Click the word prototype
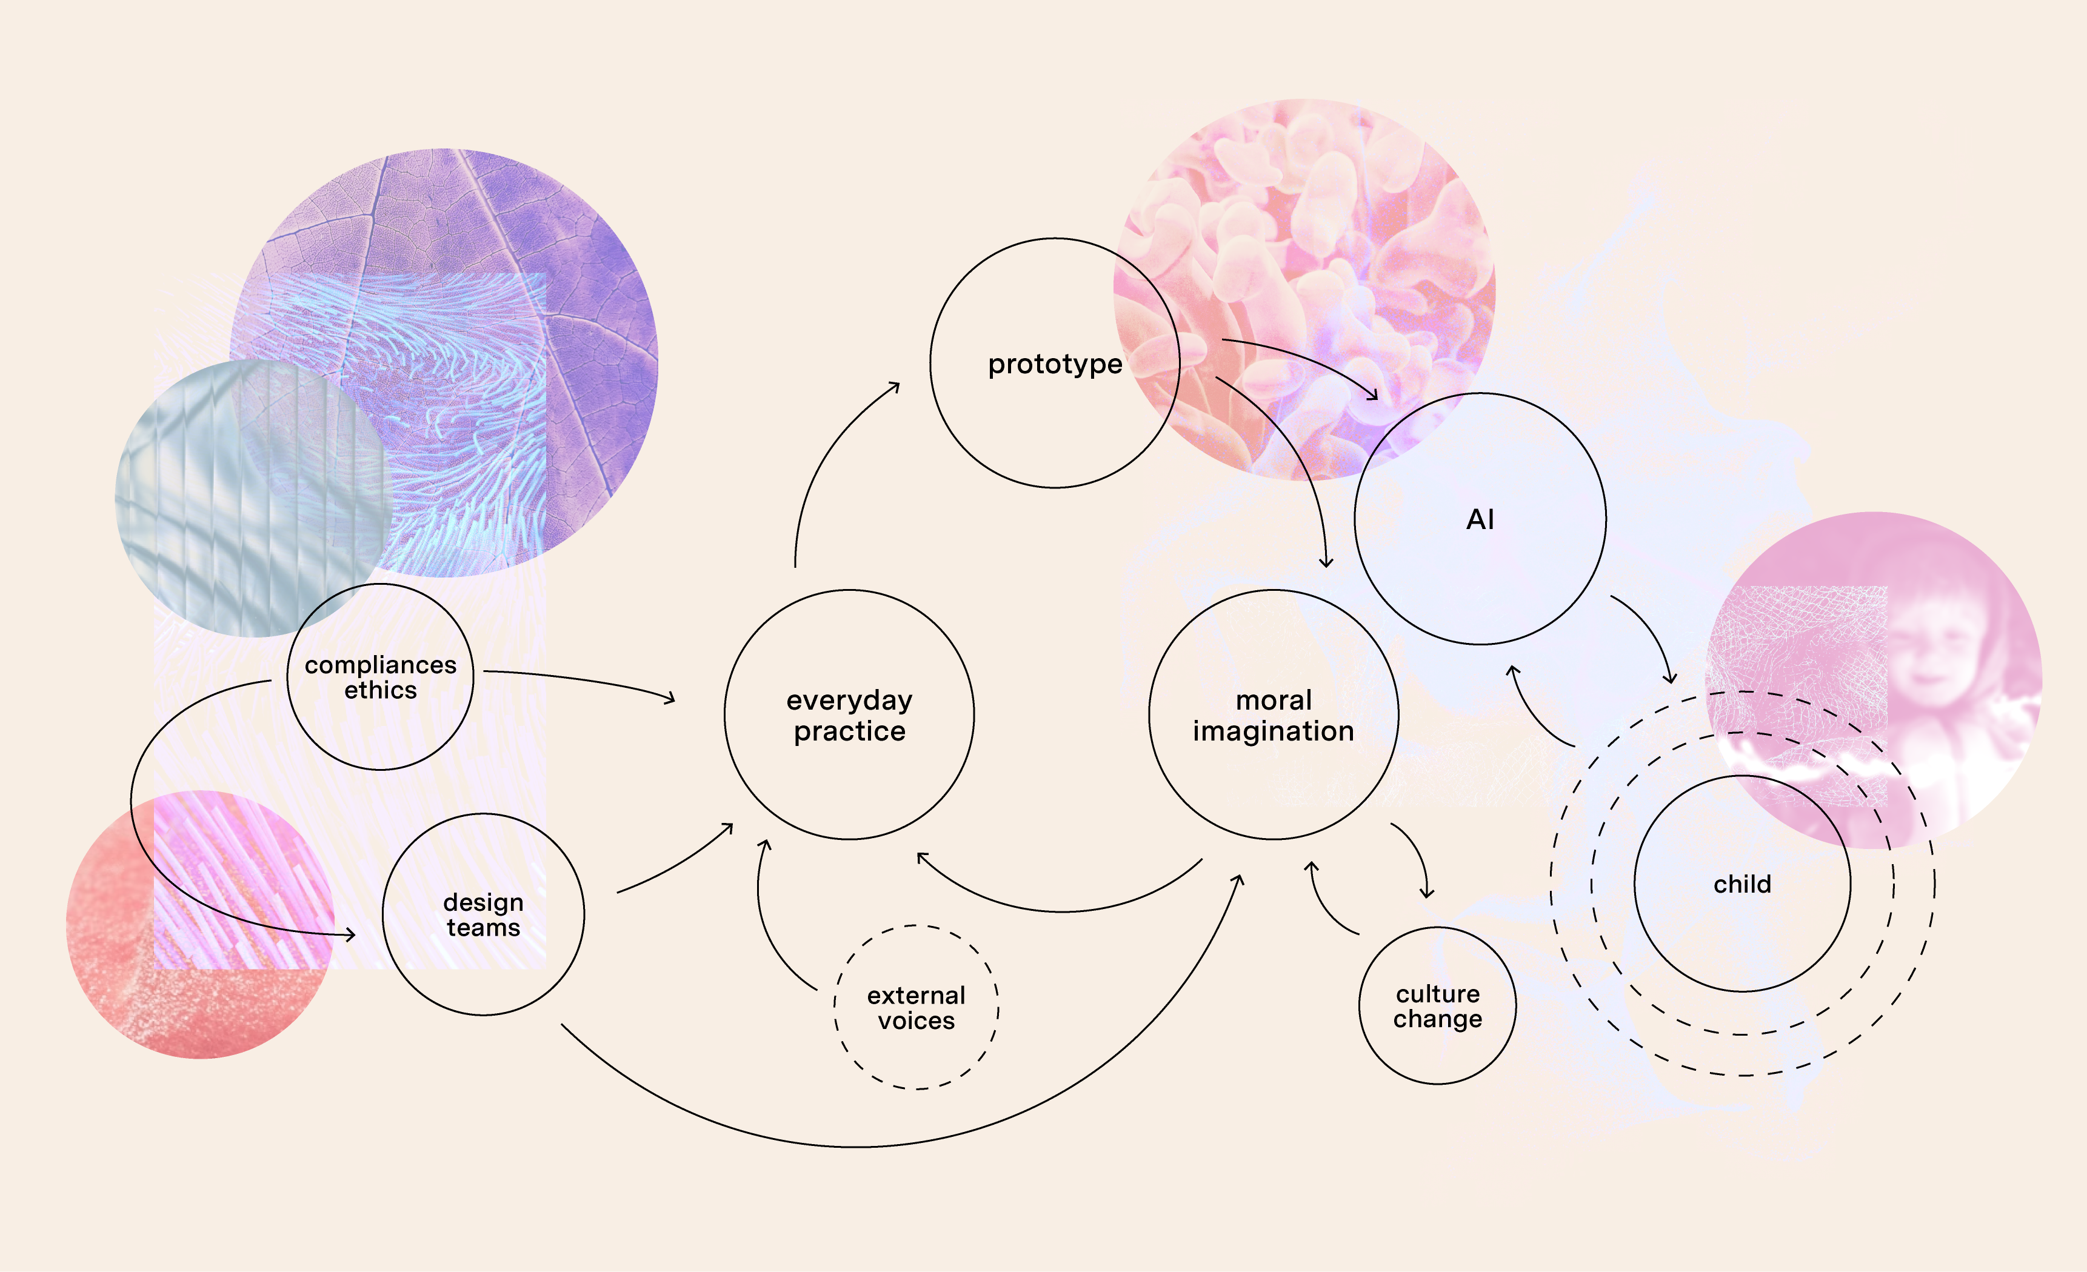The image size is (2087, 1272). point(1055,364)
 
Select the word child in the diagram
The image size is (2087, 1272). point(1741,884)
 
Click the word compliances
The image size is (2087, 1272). point(380,665)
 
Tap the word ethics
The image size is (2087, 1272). point(380,690)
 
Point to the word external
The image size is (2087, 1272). point(916,995)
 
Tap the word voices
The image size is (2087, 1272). point(916,1021)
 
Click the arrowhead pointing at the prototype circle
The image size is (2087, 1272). point(896,385)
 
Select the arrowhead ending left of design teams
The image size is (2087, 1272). point(350,935)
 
